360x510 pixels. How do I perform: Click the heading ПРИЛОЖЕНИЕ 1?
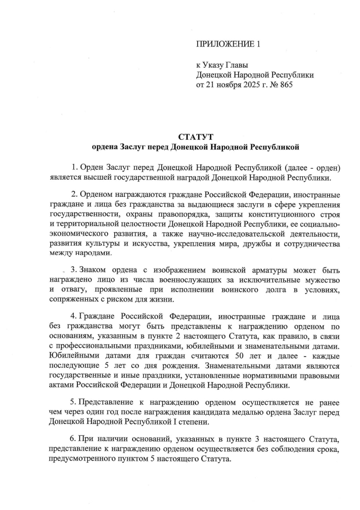[x=228, y=44]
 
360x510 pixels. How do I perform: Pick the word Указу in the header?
[x=215, y=65]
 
